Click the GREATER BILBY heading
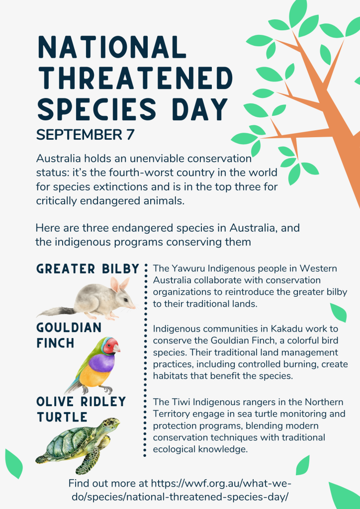[88, 269]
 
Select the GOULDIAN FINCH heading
[69, 335]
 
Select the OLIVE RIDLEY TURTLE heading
[81, 409]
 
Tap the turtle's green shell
[72, 439]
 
